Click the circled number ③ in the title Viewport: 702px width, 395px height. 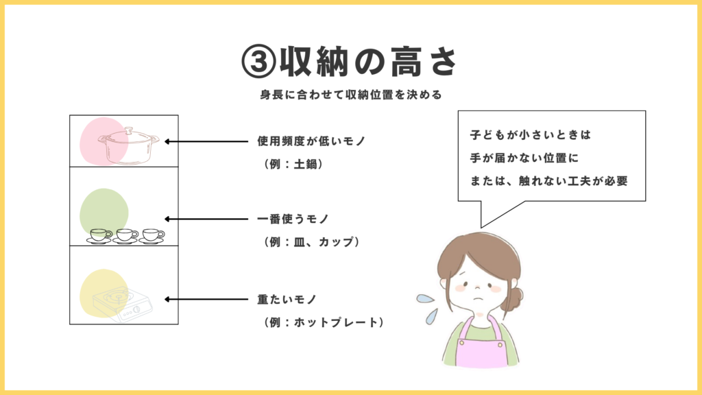(x=258, y=62)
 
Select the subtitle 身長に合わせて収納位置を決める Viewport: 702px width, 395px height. (x=351, y=95)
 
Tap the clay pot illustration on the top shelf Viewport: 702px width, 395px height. (x=128, y=145)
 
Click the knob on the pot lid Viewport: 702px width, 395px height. (x=129, y=130)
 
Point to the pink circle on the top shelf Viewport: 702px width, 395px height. (x=104, y=141)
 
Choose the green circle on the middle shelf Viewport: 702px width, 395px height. (x=104, y=213)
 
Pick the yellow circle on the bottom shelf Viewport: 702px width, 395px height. (x=104, y=294)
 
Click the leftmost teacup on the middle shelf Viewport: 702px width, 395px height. (x=100, y=236)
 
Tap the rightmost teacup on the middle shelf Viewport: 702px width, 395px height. (x=152, y=236)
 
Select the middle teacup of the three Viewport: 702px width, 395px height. (x=126, y=236)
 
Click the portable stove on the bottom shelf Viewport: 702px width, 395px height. (x=123, y=305)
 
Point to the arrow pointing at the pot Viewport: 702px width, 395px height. (x=206, y=141)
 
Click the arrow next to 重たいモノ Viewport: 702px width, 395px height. (x=206, y=299)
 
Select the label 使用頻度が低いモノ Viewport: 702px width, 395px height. (x=312, y=141)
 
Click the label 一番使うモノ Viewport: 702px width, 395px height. (x=293, y=219)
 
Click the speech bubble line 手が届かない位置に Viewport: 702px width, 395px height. (x=524, y=158)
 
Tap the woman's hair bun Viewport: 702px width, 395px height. (x=513, y=299)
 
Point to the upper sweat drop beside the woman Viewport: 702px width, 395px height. (x=425, y=298)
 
